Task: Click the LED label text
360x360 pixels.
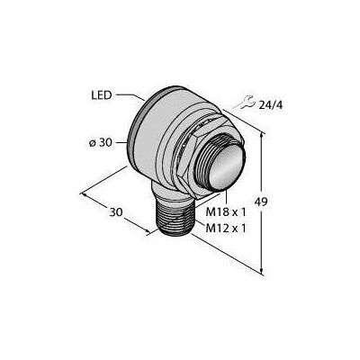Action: point(101,95)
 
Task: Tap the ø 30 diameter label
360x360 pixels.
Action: point(100,143)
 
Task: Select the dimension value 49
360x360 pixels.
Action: point(261,202)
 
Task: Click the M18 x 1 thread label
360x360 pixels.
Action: point(226,212)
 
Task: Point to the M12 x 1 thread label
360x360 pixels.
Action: point(226,229)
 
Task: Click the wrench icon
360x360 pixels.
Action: point(244,102)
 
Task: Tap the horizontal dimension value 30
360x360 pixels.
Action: point(116,212)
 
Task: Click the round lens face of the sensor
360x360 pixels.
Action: point(227,170)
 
